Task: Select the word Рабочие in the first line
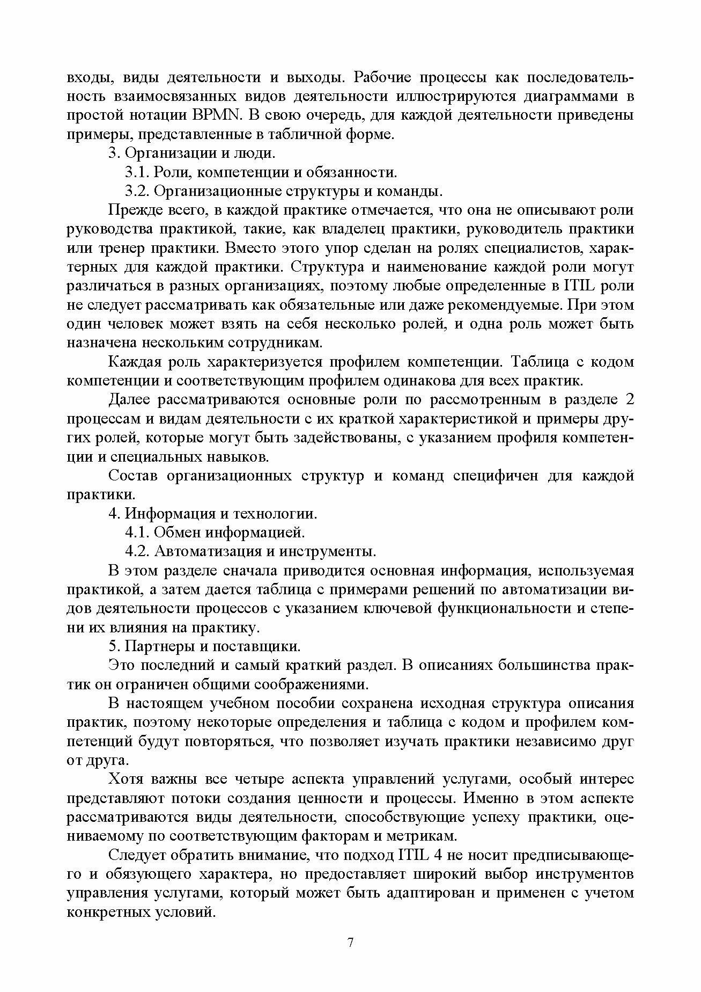(x=382, y=78)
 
